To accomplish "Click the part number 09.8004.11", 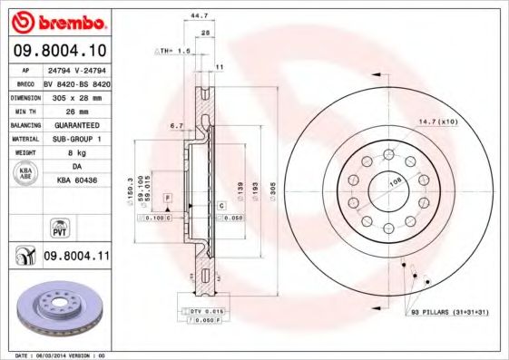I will click(76, 258).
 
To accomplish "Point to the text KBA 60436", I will click(76, 181).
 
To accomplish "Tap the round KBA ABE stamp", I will click(24, 172).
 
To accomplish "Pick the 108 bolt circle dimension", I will click(395, 181).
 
